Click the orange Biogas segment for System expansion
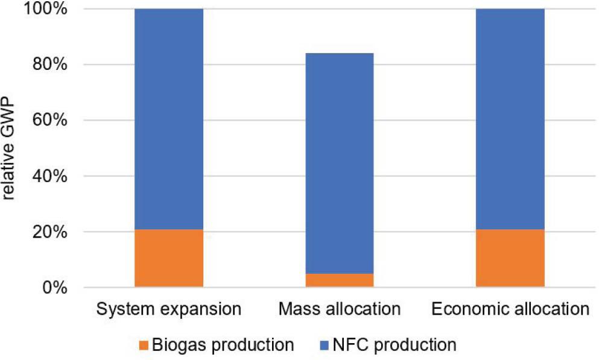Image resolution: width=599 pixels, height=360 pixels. coord(169,258)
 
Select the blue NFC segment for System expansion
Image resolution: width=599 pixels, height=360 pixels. coord(169,119)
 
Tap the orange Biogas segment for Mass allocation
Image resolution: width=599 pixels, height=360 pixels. coord(340,280)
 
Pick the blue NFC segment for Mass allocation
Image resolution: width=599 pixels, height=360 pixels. coord(340,163)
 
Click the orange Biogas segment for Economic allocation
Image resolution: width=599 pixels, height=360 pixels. coord(510,258)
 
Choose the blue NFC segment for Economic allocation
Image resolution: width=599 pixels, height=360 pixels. coord(510,119)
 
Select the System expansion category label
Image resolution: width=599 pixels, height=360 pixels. coord(169,311)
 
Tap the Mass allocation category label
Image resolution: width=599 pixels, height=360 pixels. coord(340,311)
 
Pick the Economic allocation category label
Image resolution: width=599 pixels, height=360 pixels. coord(510,311)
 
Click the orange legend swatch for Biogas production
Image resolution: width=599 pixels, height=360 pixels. coord(145,346)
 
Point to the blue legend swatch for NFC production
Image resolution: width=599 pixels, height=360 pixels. coord(325,346)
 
